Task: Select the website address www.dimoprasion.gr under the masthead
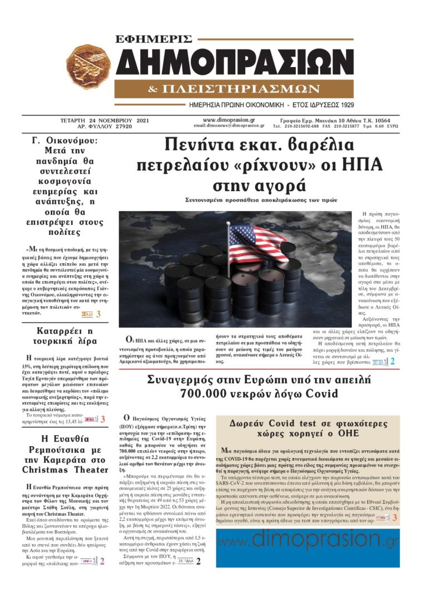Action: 229,119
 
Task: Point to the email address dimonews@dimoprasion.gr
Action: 229,126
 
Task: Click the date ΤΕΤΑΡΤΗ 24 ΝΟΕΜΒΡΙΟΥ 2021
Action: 104,120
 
